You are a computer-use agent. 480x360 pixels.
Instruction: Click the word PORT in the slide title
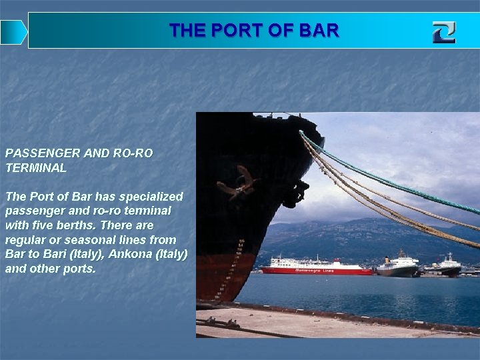click(x=235, y=31)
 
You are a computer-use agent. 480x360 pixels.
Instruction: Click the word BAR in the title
click(x=321, y=31)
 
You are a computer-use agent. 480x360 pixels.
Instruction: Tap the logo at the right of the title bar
click(x=443, y=31)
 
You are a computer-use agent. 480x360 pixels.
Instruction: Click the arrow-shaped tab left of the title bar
click(x=13, y=32)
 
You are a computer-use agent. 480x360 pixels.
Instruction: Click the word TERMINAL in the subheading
click(x=36, y=168)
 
